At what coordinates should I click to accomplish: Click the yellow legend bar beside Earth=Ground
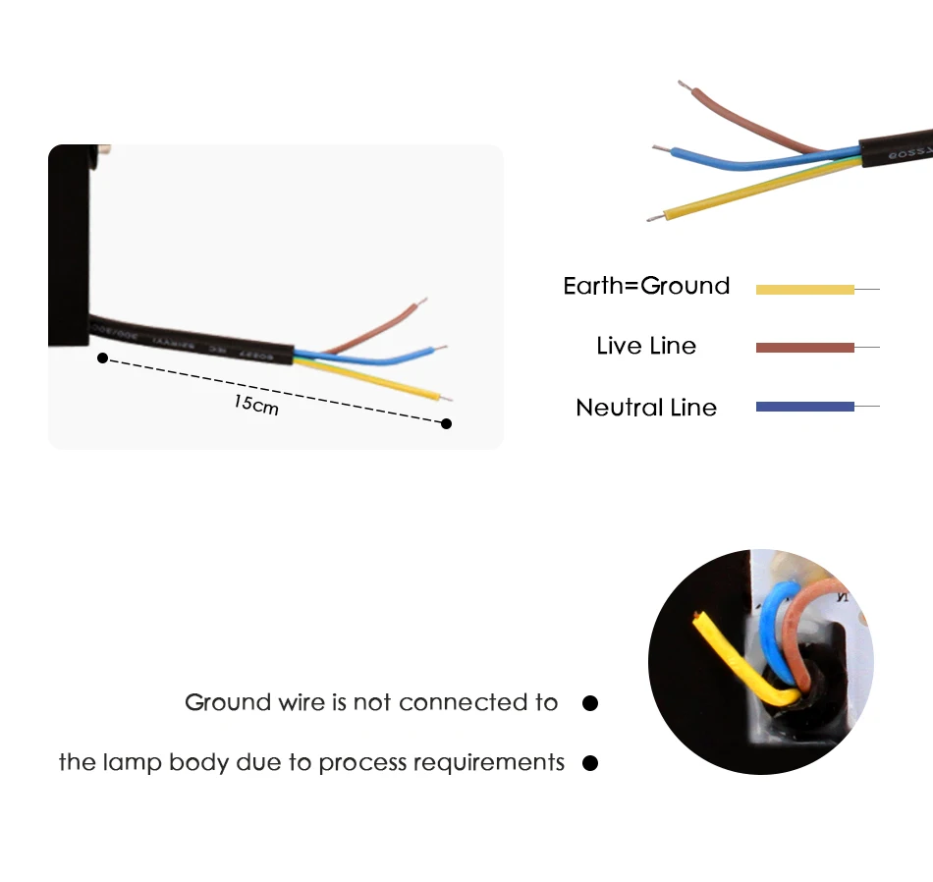pos(804,289)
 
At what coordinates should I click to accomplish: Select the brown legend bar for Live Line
pos(804,348)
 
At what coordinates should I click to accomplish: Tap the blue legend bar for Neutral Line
pos(804,407)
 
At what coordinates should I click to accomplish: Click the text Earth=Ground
pos(646,286)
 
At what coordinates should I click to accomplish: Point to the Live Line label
pos(646,346)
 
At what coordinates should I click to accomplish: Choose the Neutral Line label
pos(646,408)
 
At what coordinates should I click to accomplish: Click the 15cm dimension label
pos(256,403)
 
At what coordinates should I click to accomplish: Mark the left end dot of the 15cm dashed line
pos(102,358)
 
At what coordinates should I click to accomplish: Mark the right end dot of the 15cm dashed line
pos(446,423)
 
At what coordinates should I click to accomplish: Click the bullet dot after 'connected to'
pos(590,703)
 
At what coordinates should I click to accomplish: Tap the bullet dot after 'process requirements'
pos(590,763)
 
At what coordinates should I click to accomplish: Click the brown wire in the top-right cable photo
pos(746,119)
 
